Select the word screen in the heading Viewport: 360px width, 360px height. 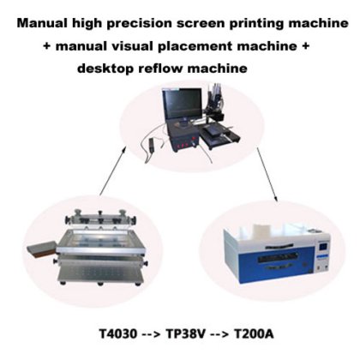(x=201, y=24)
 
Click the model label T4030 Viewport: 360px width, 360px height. (x=118, y=333)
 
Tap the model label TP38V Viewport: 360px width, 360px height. (x=185, y=333)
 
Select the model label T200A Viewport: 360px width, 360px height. (x=254, y=333)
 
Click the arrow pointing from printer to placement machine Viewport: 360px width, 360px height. (x=112, y=171)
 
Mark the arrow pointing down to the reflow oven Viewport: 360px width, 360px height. (x=267, y=175)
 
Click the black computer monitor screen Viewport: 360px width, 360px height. (x=182, y=104)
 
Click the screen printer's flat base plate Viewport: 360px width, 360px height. (x=100, y=275)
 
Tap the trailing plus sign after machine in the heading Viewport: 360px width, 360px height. (x=305, y=45)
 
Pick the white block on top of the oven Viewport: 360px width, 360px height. (x=261, y=230)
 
